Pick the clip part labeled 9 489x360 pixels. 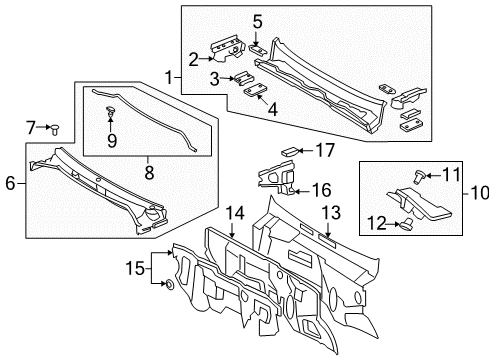tap(109, 124)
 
